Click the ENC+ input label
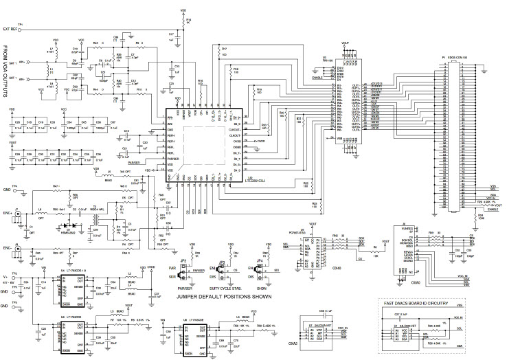pos(8,214)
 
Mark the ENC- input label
pos(8,247)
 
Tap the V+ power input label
pos(6,278)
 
